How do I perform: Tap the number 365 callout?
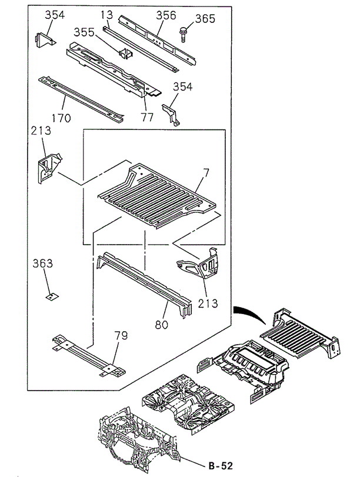(x=205, y=19)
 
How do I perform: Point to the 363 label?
(x=42, y=263)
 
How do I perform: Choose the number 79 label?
(x=121, y=336)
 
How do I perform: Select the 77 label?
(x=147, y=117)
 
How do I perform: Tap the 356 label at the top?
(x=166, y=15)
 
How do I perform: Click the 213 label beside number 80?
(x=208, y=303)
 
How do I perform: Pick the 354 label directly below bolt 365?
(x=182, y=87)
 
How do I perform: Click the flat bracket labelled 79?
(x=88, y=354)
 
